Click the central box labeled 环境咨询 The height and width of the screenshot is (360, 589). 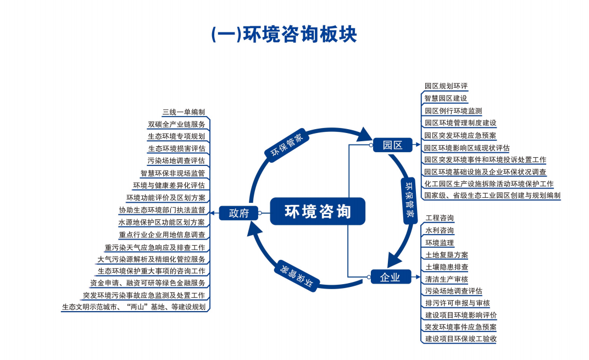click(x=318, y=211)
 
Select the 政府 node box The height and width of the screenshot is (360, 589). click(x=238, y=213)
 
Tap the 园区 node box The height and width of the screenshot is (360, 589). click(x=392, y=145)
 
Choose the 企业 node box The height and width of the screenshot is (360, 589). click(x=390, y=277)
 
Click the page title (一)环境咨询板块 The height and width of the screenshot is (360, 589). click(x=284, y=34)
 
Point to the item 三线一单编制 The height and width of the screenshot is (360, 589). click(x=183, y=112)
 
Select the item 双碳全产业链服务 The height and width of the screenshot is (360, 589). click(x=176, y=124)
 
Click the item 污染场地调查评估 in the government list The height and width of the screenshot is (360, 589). click(x=176, y=160)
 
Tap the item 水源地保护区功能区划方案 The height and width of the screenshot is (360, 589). click(x=162, y=222)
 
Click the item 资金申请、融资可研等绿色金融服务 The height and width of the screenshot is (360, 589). click(x=148, y=283)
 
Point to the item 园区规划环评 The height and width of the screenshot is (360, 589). click(x=446, y=86)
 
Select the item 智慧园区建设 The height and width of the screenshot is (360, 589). click(x=446, y=98)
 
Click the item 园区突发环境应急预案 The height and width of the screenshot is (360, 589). click(x=460, y=135)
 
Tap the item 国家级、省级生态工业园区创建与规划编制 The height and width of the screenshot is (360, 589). click(x=492, y=195)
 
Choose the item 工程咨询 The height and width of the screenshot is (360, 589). click(x=439, y=218)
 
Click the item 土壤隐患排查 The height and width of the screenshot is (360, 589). click(x=446, y=267)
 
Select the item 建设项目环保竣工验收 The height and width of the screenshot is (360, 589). click(x=460, y=339)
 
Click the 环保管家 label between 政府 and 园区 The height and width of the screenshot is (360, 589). click(x=286, y=145)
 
